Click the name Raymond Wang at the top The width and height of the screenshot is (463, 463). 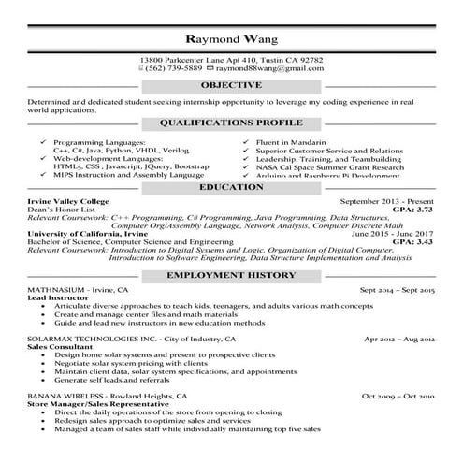(x=230, y=40)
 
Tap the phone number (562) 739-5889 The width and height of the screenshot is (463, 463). (x=173, y=68)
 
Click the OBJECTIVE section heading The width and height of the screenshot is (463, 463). (x=231, y=86)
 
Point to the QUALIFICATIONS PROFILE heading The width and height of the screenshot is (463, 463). (x=231, y=123)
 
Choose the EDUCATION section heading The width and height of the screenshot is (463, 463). (x=231, y=187)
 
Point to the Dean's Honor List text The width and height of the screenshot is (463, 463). (x=60, y=210)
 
